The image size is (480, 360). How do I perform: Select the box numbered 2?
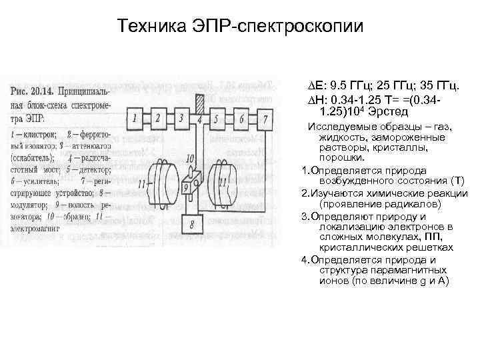click(158, 120)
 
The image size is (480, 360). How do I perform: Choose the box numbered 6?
click(243, 120)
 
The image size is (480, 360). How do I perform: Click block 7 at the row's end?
click(265, 120)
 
